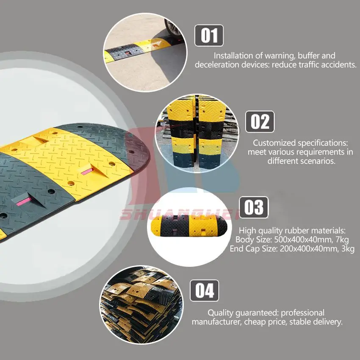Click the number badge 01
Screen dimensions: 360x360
209,35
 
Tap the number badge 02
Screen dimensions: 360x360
260,122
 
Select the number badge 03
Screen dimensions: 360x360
254,208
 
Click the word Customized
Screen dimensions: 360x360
273,143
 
